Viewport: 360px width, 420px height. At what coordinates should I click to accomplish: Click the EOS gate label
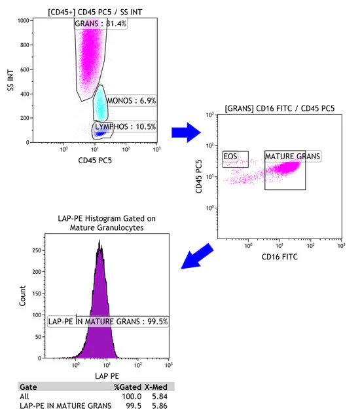pos(230,157)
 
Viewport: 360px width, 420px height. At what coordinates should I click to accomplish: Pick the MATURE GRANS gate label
pos(293,157)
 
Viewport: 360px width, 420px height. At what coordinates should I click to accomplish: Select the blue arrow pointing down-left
pos(198,255)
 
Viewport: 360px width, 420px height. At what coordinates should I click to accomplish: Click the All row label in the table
pos(24,397)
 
